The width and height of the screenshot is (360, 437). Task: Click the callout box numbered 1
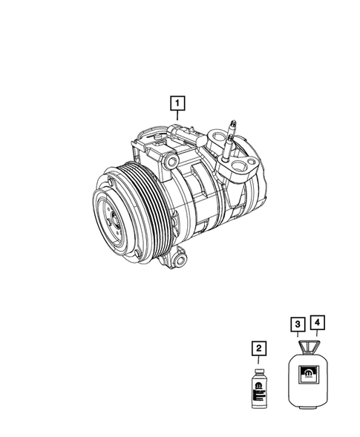(x=177, y=102)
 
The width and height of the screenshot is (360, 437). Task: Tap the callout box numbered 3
(x=295, y=323)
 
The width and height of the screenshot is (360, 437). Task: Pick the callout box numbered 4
(x=317, y=323)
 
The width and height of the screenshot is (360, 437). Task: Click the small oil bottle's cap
(x=258, y=369)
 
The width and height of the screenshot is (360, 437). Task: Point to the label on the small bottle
(x=258, y=390)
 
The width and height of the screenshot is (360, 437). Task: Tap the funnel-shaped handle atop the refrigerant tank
(x=306, y=348)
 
